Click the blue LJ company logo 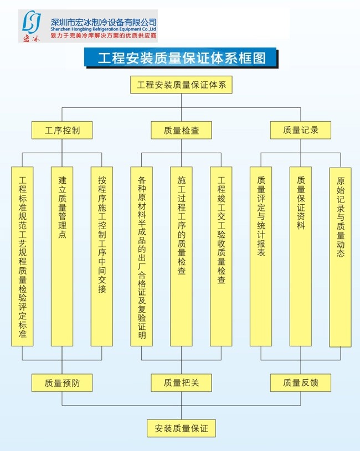(32, 23)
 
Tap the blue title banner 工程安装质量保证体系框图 (181, 58)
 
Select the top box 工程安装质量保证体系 (181, 85)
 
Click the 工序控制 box (62, 130)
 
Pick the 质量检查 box (181, 130)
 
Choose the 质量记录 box (300, 130)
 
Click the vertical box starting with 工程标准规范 (22, 257)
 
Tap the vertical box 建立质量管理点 (62, 257)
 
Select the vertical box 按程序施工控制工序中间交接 (101, 257)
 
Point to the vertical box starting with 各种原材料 (142, 257)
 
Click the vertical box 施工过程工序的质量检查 (181, 257)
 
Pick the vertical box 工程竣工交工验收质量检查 (221, 257)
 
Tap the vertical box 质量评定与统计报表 (261, 257)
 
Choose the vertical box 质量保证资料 (300, 257)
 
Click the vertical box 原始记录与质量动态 (340, 257)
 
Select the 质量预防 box (62, 383)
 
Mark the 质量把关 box (181, 383)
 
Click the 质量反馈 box (300, 383)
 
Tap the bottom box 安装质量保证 (181, 428)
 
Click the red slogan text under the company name (104, 36)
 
